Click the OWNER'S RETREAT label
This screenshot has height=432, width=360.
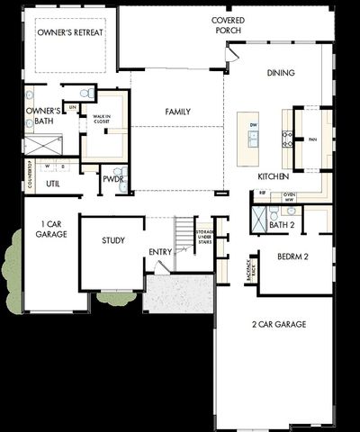coord(70,32)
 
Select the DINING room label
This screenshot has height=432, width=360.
coord(281,73)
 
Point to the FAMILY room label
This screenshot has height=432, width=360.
coord(177,112)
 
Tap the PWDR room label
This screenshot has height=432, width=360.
coord(112,179)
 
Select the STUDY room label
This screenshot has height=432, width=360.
coord(112,240)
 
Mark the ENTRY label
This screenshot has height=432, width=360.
coord(161,251)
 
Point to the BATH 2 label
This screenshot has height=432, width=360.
coord(282,224)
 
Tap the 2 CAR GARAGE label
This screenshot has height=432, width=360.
coord(279,324)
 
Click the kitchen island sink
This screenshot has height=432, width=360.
coord(254,138)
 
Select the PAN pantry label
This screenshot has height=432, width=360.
coord(312,139)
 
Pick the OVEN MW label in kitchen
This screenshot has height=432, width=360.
coord(290,197)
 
